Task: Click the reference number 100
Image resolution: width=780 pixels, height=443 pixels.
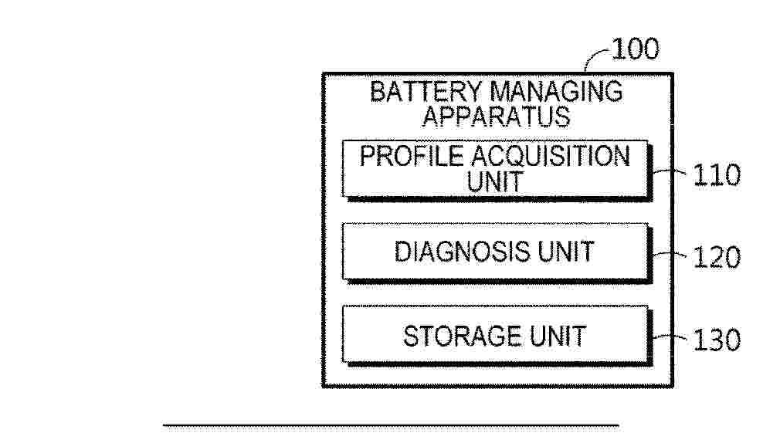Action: pos(636,50)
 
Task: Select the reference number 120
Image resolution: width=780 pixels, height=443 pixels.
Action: pos(715,256)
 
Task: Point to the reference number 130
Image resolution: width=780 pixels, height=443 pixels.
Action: pos(715,340)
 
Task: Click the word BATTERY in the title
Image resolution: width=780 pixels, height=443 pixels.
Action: pos(426,92)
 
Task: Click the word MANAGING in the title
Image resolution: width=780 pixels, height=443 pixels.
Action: pos(557,92)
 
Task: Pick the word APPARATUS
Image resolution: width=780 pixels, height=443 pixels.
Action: pos(496,117)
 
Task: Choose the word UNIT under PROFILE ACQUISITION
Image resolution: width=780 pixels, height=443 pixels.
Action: pos(494,182)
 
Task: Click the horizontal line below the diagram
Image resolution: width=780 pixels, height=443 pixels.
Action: pos(391,424)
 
